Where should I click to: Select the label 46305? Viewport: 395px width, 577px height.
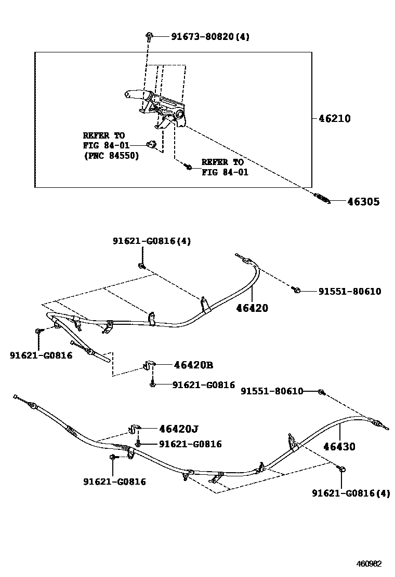coord(363,202)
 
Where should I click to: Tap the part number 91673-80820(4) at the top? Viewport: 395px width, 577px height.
coord(209,37)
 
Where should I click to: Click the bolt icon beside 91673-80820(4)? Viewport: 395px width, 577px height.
coord(149,36)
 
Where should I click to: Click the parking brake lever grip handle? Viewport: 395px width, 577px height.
coord(137,94)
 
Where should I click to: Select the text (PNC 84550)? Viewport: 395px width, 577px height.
coord(111,156)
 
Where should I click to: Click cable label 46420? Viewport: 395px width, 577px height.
coord(252,308)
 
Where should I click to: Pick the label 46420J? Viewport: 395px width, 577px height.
coord(179,429)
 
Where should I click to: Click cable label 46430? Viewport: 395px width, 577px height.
coord(339,446)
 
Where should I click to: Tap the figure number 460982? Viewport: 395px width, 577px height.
coord(368,564)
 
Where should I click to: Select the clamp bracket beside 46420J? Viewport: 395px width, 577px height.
coord(134,429)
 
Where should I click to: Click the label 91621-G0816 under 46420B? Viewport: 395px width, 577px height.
coord(203,385)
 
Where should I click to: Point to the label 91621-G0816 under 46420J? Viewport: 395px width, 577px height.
coord(190,444)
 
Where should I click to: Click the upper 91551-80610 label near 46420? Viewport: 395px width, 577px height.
coord(349,292)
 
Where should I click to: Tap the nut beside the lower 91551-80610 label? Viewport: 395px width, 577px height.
coord(321,392)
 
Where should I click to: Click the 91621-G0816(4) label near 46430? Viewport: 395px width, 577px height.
coord(351,493)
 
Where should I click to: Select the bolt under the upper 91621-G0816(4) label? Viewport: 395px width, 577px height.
coord(141,266)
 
